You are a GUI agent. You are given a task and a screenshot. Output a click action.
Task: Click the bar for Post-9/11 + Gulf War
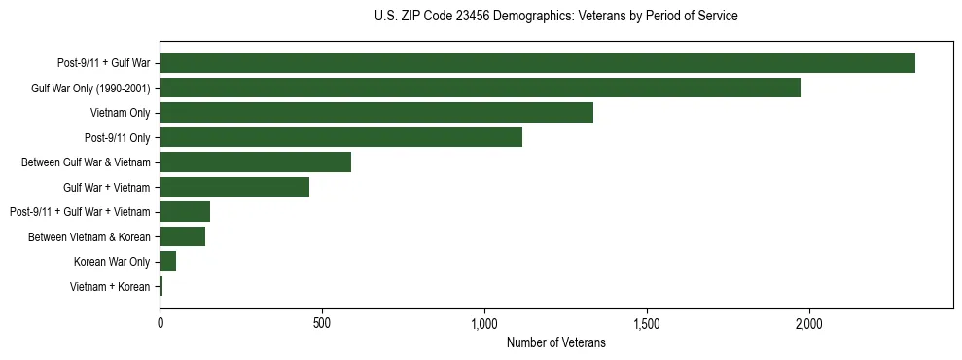pyautogui.click(x=537, y=63)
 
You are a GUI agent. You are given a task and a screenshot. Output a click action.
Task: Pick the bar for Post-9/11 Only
pyautogui.click(x=340, y=137)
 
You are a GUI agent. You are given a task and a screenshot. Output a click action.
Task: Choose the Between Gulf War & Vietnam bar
pyautogui.click(x=255, y=162)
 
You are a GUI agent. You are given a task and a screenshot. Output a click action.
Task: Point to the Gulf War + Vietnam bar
pyautogui.click(x=234, y=187)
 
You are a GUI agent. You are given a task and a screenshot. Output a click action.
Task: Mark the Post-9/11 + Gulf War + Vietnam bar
pyautogui.click(x=185, y=212)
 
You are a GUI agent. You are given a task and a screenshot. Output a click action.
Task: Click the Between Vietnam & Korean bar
pyautogui.click(x=182, y=236)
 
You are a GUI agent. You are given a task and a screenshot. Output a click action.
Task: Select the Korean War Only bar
pyautogui.click(x=167, y=262)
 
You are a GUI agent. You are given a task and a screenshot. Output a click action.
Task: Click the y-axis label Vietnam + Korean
pyautogui.click(x=110, y=287)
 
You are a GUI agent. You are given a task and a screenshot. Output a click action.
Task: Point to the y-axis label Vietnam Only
pyautogui.click(x=120, y=113)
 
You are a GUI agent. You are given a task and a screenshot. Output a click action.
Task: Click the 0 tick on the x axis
pyautogui.click(x=160, y=322)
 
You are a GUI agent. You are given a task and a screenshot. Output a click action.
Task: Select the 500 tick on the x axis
pyautogui.click(x=322, y=322)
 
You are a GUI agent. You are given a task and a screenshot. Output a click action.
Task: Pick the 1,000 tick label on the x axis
pyautogui.click(x=484, y=322)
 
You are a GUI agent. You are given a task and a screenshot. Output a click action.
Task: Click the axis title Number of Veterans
pyautogui.click(x=555, y=342)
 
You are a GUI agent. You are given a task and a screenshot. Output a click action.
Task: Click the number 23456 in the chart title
pyautogui.click(x=485, y=17)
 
